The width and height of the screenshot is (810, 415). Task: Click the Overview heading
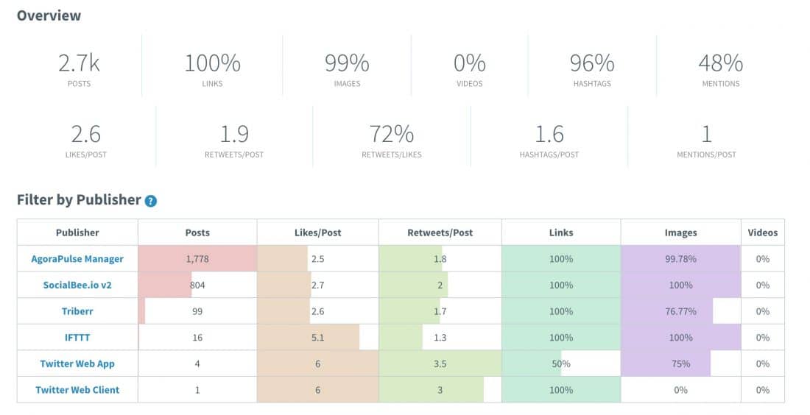point(49,15)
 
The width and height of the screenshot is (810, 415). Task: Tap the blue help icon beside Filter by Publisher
point(150,201)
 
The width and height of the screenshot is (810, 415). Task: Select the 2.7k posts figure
point(79,64)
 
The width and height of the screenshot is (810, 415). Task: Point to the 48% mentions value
point(720,64)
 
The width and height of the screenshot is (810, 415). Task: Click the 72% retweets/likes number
point(392,135)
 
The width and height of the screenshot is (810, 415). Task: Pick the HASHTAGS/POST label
point(549,155)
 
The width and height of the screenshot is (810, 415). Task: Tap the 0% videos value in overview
point(469,64)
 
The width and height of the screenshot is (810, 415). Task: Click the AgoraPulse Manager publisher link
point(77,259)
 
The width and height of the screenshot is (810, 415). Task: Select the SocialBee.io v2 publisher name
point(77,285)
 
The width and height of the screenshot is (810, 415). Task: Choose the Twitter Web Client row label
point(77,390)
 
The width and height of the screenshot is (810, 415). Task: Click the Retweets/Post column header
point(440,233)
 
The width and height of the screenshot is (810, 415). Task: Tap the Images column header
point(680,233)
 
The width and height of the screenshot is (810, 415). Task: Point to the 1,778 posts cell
point(197,259)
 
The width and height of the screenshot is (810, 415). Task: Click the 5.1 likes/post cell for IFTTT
point(317,338)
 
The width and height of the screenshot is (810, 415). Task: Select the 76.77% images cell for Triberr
point(680,311)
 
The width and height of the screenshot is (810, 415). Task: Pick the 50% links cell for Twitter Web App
point(561,364)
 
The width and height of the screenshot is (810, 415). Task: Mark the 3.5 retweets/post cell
point(440,364)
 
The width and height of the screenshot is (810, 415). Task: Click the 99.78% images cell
point(680,259)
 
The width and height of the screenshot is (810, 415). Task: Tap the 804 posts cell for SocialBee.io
point(197,285)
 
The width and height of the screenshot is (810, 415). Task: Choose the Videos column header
point(762,233)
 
